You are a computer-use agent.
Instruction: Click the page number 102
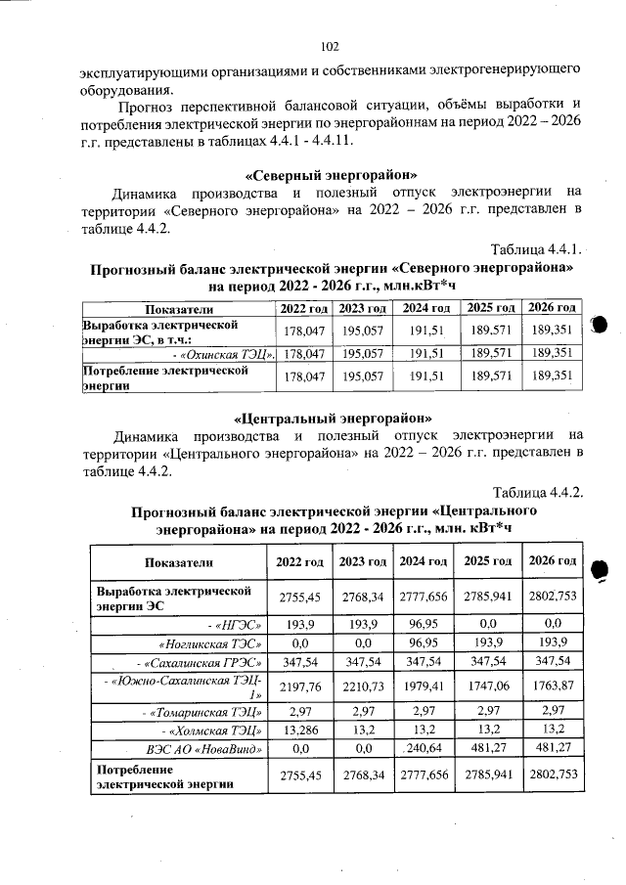click(x=329, y=45)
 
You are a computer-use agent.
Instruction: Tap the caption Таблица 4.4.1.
click(x=538, y=246)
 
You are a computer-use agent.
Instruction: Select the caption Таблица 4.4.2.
click(x=538, y=492)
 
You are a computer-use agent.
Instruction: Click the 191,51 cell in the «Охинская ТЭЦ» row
click(x=425, y=353)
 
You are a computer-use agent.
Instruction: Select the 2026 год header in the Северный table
click(x=553, y=309)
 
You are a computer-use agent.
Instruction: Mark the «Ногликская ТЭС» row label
click(x=211, y=642)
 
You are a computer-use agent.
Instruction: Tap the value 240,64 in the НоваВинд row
click(x=425, y=749)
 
